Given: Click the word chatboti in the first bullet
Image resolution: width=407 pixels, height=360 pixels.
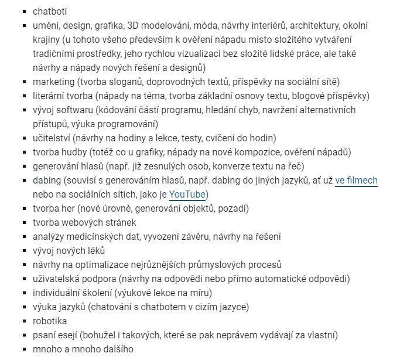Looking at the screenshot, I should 51,11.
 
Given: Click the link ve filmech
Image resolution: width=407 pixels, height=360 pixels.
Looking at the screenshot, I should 356,181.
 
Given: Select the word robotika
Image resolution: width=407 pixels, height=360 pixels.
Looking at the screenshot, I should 50,321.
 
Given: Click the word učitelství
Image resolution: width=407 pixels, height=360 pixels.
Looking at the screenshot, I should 52,138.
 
